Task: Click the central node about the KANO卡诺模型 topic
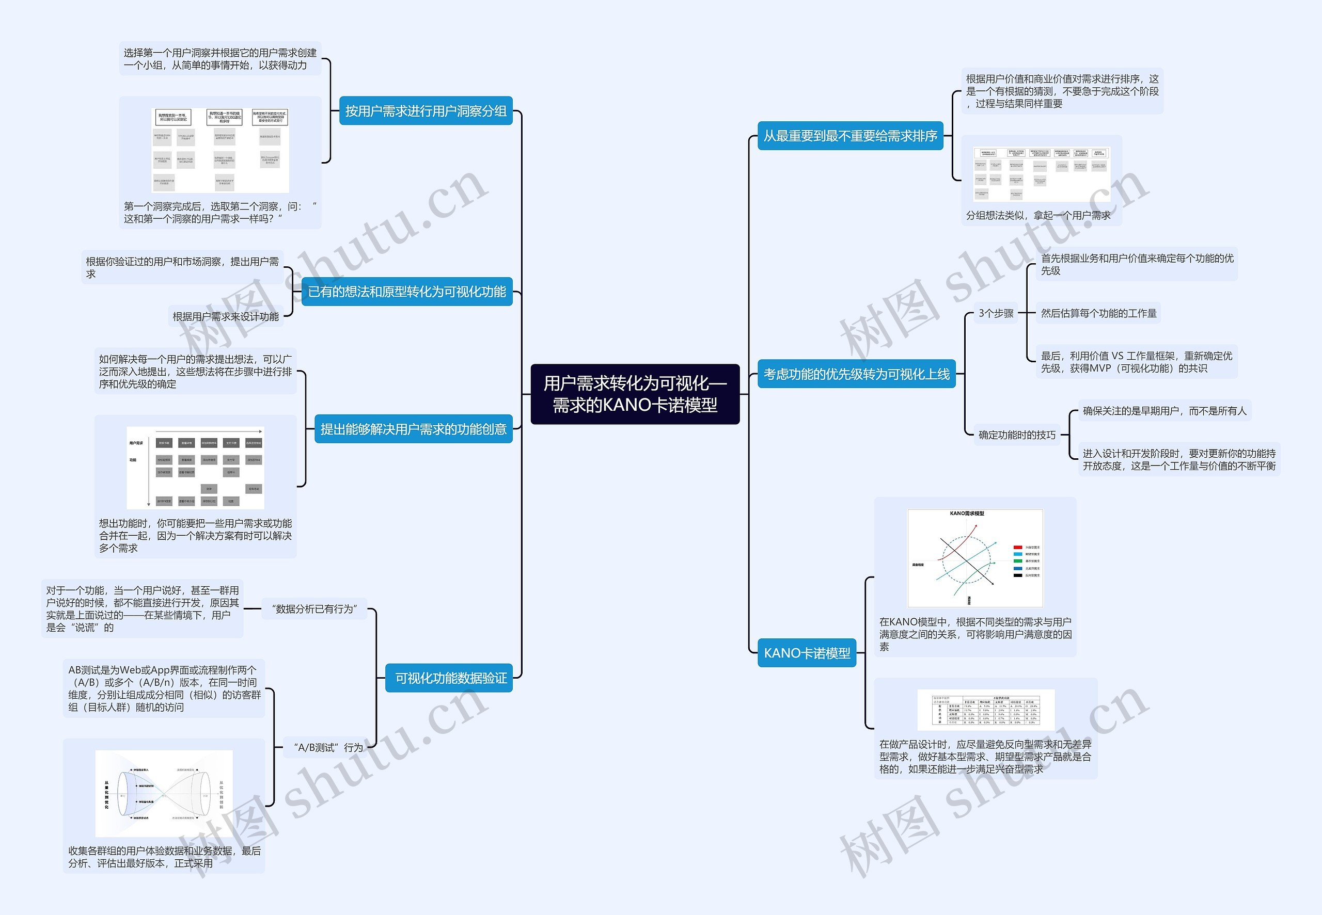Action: [635, 394]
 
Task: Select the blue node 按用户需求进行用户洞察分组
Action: [426, 111]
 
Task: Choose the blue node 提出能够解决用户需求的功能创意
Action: [413, 429]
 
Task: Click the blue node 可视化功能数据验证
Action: [450, 678]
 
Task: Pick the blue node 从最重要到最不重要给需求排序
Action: [850, 136]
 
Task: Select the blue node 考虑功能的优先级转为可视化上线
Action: [856, 374]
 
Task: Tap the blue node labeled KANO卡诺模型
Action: [807, 653]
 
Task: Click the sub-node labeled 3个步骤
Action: [996, 313]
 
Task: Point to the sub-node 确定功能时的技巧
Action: [1016, 435]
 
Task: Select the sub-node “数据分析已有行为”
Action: [314, 609]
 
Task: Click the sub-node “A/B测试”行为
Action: [327, 748]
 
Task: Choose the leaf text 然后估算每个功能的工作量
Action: [1098, 313]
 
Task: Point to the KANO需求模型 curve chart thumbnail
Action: [974, 558]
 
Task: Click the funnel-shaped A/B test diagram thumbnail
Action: [164, 793]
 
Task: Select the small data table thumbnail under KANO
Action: [985, 710]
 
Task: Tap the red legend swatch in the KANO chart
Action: [1017, 548]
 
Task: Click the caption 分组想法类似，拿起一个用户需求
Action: [1037, 216]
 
